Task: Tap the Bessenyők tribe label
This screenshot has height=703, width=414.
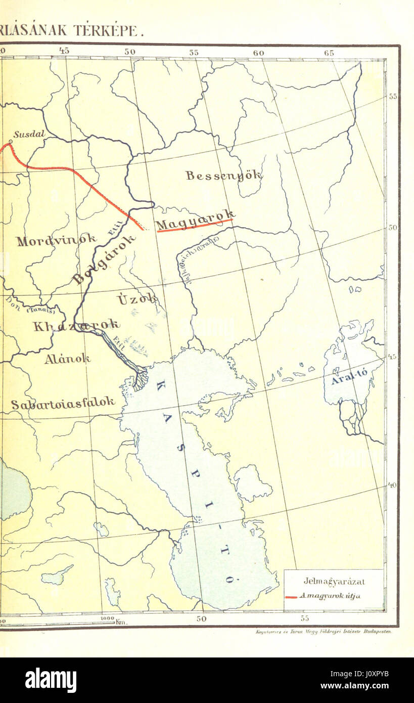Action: pyautogui.click(x=223, y=175)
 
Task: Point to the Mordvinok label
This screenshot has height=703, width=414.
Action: pyautogui.click(x=56, y=239)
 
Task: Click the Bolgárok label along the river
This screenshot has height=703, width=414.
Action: pyautogui.click(x=104, y=258)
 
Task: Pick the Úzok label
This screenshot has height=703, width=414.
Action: pyautogui.click(x=136, y=299)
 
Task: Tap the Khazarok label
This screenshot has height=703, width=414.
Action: pyautogui.click(x=76, y=325)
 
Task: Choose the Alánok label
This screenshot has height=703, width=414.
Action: pyautogui.click(x=67, y=359)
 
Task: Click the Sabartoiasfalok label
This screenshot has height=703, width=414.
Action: pyautogui.click(x=63, y=404)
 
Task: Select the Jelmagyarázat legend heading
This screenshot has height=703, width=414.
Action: pyautogui.click(x=334, y=582)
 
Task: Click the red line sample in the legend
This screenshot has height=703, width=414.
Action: pyautogui.click(x=291, y=597)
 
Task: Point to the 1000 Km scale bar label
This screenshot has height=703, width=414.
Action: pyautogui.click(x=113, y=621)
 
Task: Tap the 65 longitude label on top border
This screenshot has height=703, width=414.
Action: pyautogui.click(x=329, y=53)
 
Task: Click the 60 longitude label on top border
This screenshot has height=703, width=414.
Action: pyautogui.click(x=258, y=53)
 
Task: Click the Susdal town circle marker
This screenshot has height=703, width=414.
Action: pyautogui.click(x=11, y=141)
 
